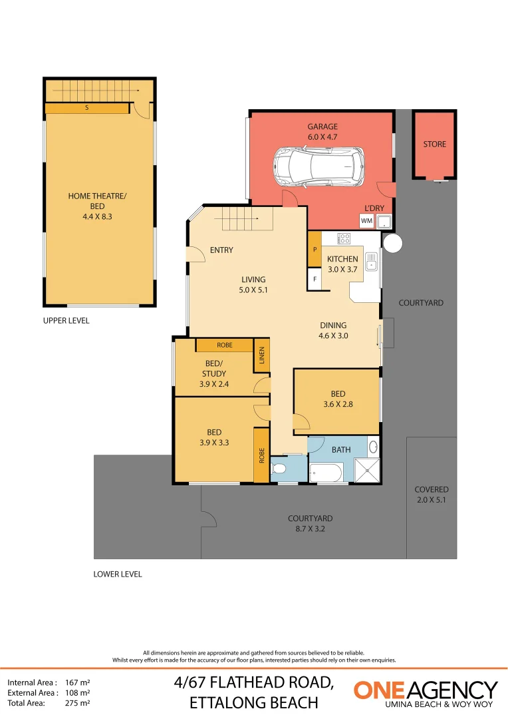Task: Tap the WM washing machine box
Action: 366,220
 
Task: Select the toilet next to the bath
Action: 280,469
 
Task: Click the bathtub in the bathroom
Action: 326,473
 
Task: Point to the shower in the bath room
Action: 366,471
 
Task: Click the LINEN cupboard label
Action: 261,358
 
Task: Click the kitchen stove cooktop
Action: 344,237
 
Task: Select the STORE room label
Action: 435,144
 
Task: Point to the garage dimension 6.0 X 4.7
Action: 322,136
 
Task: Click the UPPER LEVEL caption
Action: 66,320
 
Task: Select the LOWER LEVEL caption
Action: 118,574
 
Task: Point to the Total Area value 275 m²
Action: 78,702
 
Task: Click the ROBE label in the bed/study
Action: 225,346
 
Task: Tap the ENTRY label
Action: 221,250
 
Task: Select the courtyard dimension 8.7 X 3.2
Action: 310,529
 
